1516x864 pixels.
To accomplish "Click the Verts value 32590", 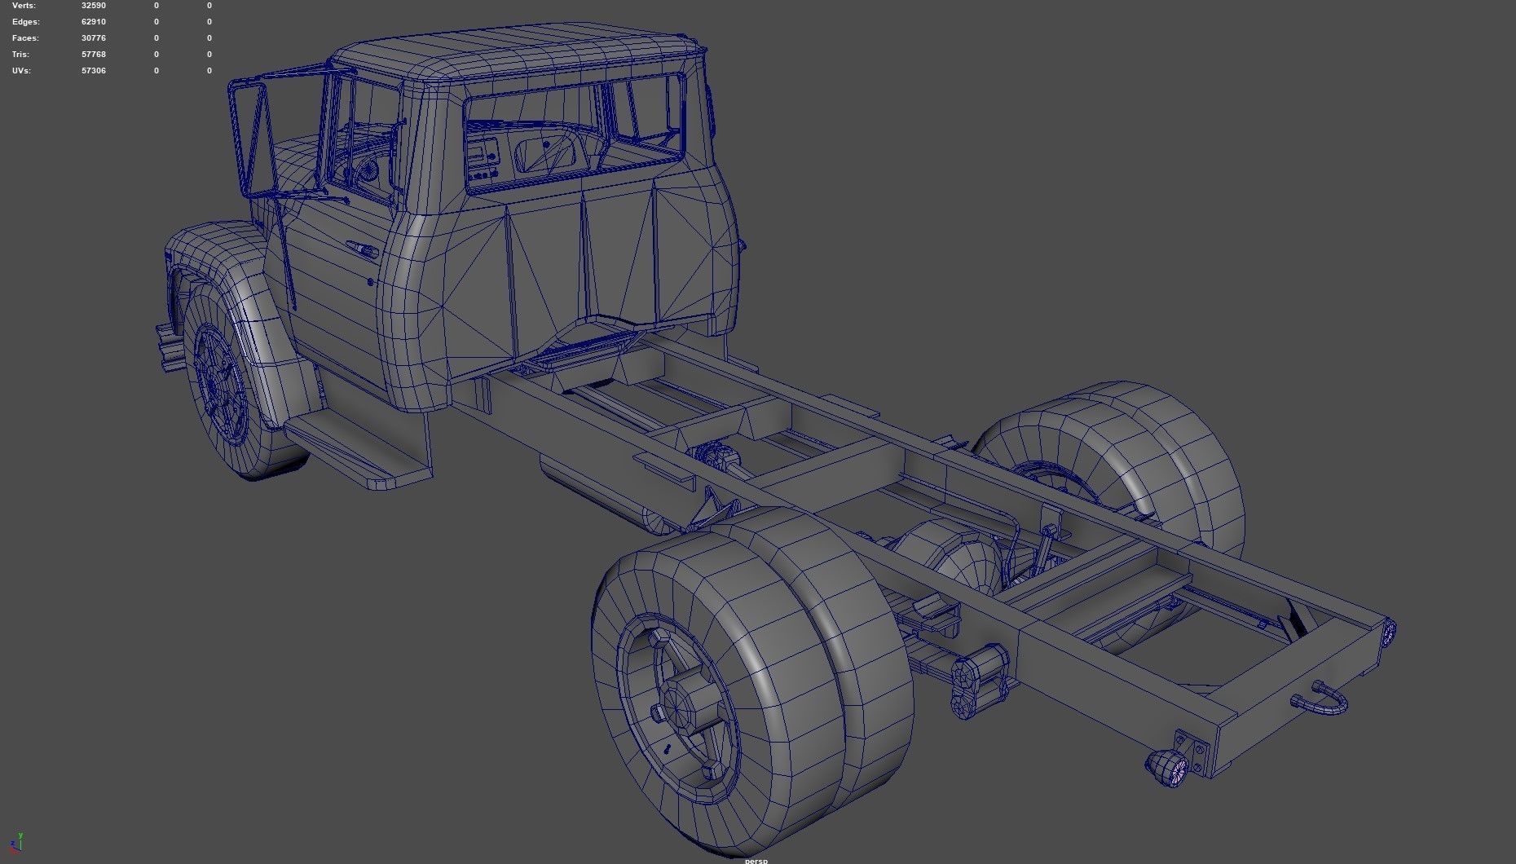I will coord(94,6).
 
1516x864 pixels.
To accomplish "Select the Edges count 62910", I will coord(94,22).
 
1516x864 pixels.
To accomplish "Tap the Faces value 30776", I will coord(94,38).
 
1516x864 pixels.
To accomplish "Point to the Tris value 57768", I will coord(94,55).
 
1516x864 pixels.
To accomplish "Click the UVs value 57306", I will coord(94,71).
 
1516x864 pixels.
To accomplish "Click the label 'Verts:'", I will coord(24,6).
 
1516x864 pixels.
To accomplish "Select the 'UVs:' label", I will coord(22,71).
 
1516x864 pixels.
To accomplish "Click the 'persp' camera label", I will coord(756,860).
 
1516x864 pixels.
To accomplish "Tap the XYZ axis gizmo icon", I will coord(15,844).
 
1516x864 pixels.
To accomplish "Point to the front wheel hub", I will coord(218,383).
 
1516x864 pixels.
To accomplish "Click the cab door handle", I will coord(361,249).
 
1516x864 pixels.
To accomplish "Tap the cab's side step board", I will coord(359,448).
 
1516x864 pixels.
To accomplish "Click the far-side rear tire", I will coord(1141,456).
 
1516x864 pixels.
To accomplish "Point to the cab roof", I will coord(522,53).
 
